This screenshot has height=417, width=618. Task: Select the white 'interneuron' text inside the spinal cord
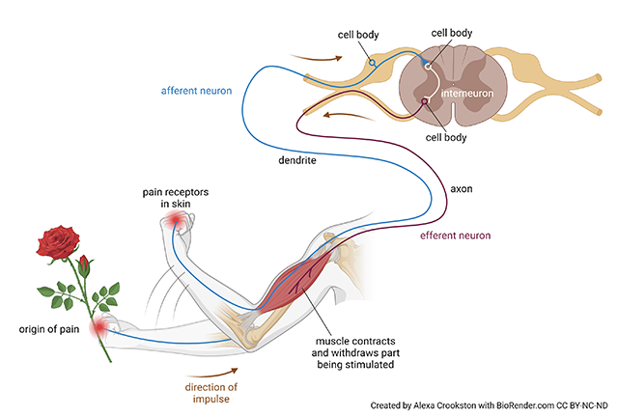468,94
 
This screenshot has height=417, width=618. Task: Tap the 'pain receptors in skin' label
175,198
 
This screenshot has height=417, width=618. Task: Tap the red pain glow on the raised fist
177,223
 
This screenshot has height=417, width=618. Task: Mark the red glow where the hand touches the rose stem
99,330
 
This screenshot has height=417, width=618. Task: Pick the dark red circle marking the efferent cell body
424,125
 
